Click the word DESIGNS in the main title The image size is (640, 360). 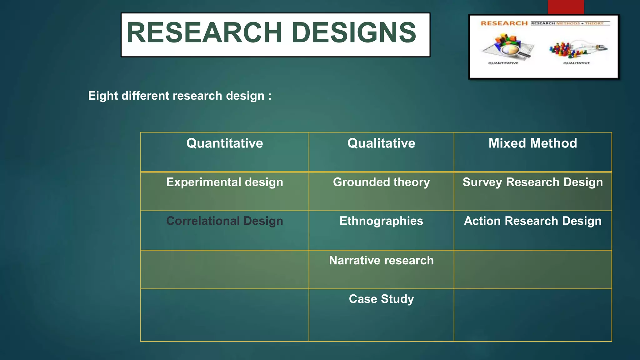point(354,32)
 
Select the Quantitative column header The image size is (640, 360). point(224,143)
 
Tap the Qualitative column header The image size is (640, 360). point(381,143)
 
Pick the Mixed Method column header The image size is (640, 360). point(532,143)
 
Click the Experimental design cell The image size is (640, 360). point(224,182)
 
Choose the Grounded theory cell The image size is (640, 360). point(381,182)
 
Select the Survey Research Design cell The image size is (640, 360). point(532,182)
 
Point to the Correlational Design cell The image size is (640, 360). point(224,221)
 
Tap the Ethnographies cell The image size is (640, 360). point(381,221)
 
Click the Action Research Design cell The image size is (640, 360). point(532,221)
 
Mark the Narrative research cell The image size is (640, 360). point(381,260)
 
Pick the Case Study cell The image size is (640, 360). point(381,299)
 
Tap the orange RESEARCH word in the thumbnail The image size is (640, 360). point(504,23)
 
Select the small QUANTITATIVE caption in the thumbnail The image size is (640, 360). point(503,63)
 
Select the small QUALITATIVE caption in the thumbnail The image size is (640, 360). point(576,63)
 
